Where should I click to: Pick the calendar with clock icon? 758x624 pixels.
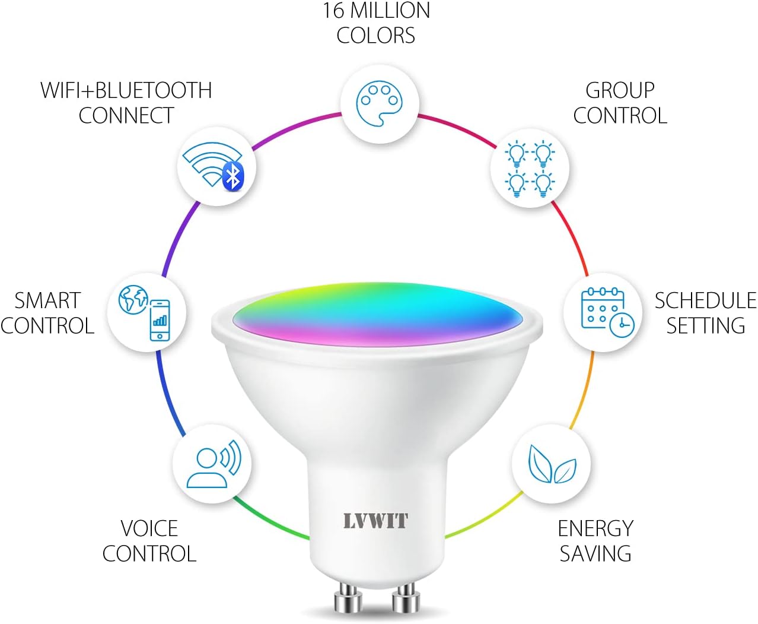tap(607, 312)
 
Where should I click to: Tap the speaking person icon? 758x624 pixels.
tap(213, 465)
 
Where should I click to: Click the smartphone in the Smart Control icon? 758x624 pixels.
tap(160, 320)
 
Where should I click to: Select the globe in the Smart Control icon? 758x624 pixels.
tap(133, 300)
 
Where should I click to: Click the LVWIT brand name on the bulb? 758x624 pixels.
tap(375, 521)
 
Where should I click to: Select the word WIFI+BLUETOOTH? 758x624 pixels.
tap(126, 90)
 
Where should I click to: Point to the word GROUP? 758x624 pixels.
tap(620, 90)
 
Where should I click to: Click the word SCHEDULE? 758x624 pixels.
tap(705, 300)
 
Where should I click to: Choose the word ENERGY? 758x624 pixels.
tap(595, 528)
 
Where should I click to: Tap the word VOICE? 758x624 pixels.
tap(149, 528)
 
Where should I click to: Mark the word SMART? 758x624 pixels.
tap(47, 300)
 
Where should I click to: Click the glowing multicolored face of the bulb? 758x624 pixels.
tap(377, 312)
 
